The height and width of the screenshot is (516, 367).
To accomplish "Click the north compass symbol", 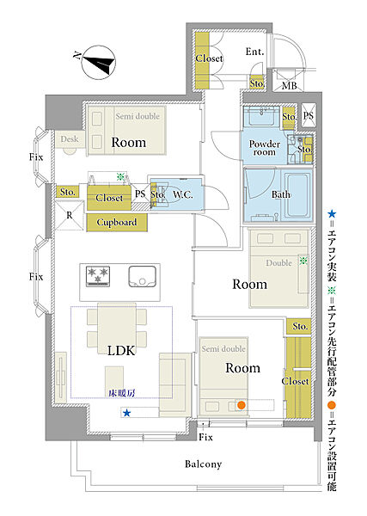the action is tap(98, 63).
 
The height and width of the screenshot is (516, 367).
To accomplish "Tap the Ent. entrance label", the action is tap(255, 52).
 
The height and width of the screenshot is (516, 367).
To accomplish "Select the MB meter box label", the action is tap(290, 86).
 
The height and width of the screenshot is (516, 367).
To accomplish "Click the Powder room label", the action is tap(265, 148).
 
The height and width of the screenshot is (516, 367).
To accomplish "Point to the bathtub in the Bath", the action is tap(297, 195).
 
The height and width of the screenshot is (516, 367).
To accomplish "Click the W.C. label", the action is tap(183, 195).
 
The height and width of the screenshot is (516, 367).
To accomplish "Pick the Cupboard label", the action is tap(117, 222).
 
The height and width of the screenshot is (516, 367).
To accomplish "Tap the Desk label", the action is tap(70, 139).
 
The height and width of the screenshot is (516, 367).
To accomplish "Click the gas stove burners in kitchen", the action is tap(98, 275).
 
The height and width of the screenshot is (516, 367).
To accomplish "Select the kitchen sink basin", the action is tap(142, 276).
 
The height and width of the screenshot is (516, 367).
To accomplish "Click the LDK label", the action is tap(121, 351).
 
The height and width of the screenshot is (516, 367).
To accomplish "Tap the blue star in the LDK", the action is tap(126, 413).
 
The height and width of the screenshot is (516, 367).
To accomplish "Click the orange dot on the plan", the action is tap(242, 405).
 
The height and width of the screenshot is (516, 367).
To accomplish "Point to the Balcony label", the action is tap(203, 464).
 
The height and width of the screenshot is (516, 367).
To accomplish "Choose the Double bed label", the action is tap(278, 263).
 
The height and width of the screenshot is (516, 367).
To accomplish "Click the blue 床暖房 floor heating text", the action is tap(122, 393).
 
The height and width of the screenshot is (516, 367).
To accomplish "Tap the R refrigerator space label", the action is tap(70, 215).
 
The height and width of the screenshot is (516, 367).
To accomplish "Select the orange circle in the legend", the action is tap(332, 405).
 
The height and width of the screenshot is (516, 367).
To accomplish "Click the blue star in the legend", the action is tap(332, 214).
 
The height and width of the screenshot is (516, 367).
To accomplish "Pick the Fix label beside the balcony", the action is tap(206, 437).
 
